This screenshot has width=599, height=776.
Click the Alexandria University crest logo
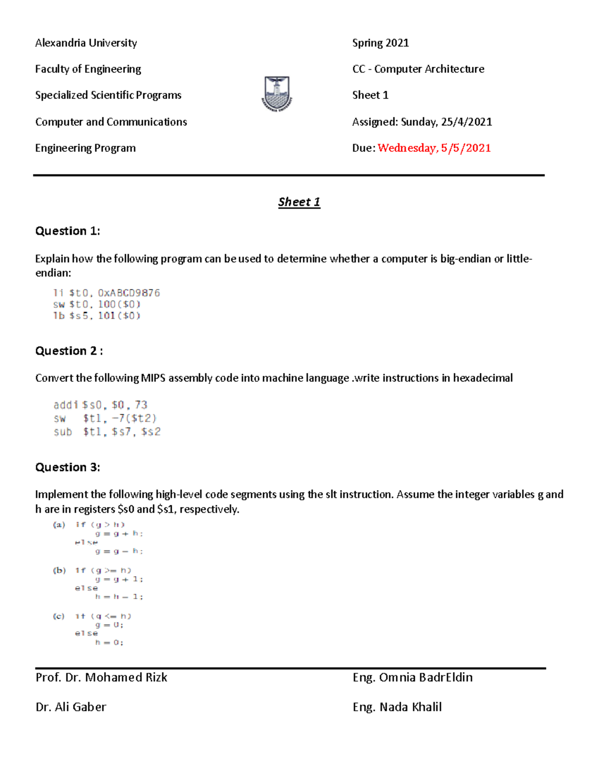pyautogui.click(x=277, y=93)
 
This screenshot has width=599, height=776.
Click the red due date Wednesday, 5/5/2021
pyautogui.click(x=434, y=148)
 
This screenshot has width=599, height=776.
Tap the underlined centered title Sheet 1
pyautogui.click(x=299, y=202)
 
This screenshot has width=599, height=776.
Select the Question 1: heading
pyautogui.click(x=67, y=231)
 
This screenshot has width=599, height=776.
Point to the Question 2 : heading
pyautogui.click(x=69, y=351)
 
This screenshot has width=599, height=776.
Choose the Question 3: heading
pyautogui.click(x=67, y=467)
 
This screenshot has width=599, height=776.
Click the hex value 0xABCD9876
pyautogui.click(x=129, y=293)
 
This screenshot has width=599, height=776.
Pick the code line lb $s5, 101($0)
pyautogui.click(x=97, y=316)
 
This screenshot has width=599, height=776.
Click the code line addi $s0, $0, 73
pyautogui.click(x=100, y=405)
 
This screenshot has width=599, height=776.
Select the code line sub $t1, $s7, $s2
pyautogui.click(x=107, y=432)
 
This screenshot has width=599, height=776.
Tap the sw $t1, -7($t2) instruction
pyautogui.click(x=105, y=418)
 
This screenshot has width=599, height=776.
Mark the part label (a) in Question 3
pyautogui.click(x=59, y=525)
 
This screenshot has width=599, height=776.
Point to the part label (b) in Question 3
pyautogui.click(x=59, y=570)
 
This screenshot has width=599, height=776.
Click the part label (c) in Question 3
pyautogui.click(x=59, y=616)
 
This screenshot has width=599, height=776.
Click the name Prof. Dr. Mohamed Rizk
pyautogui.click(x=101, y=678)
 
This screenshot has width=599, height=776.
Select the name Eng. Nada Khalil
pyautogui.click(x=397, y=707)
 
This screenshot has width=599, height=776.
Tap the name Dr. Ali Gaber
pyautogui.click(x=71, y=707)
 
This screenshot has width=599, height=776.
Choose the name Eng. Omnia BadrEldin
pyautogui.click(x=412, y=678)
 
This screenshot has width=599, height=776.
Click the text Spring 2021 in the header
pyautogui.click(x=380, y=43)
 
